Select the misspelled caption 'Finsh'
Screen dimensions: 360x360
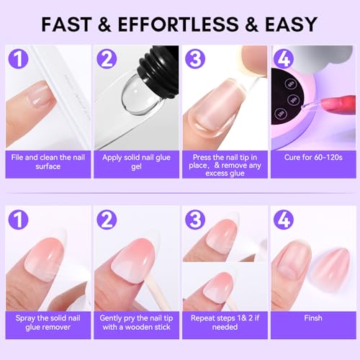click(x=313, y=317)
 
